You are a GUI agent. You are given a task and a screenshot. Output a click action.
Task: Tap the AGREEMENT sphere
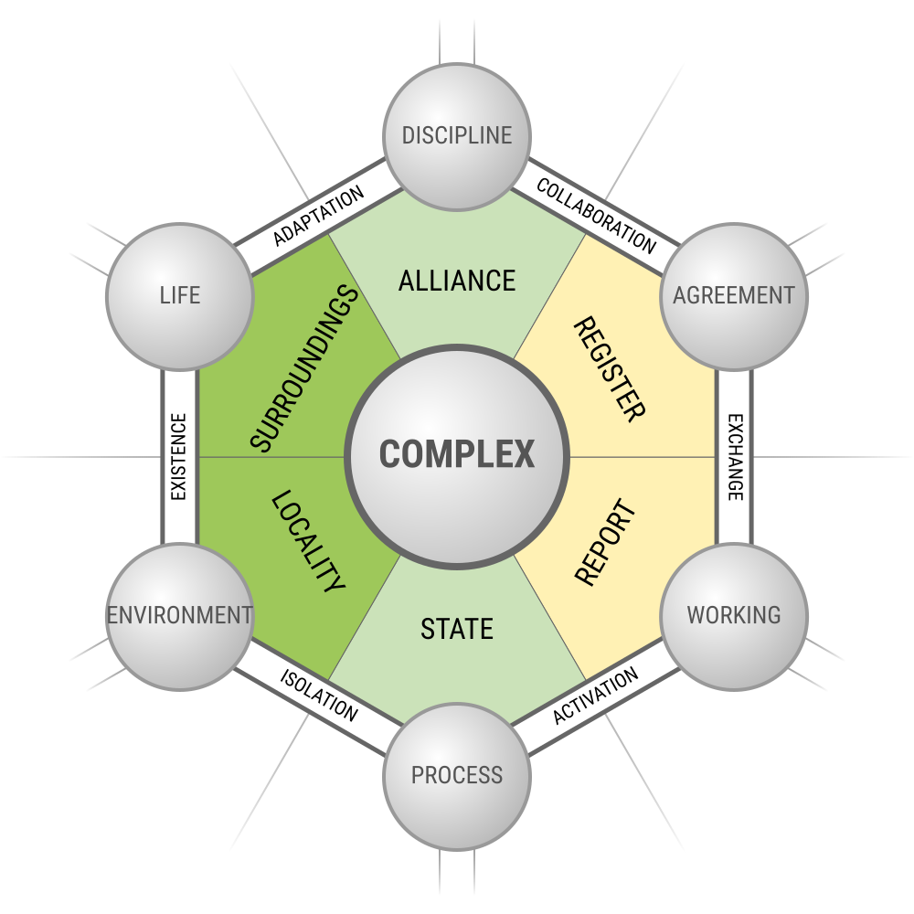[733, 296]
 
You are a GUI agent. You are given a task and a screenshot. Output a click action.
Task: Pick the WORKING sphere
[733, 614]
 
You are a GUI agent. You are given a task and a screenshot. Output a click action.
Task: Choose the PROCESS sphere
[457, 775]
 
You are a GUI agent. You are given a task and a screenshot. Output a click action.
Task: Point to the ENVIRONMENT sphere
[180, 614]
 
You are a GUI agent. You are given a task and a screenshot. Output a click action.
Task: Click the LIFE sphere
[180, 296]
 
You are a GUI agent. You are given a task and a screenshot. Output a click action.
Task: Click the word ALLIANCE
[457, 280]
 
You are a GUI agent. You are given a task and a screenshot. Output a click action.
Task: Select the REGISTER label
[609, 368]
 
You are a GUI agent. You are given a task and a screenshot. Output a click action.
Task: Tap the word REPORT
[604, 542]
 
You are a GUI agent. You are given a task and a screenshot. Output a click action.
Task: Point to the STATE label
[457, 629]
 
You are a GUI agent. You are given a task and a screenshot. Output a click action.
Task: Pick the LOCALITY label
[308, 542]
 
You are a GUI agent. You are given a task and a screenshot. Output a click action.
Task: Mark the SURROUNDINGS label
[303, 368]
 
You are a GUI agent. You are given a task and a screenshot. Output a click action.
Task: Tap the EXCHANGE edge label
[735, 457]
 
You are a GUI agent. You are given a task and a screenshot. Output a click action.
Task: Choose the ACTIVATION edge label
[595, 696]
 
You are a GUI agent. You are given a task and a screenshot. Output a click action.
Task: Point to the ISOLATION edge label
[318, 696]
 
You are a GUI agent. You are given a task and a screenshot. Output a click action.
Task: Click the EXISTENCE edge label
[179, 457]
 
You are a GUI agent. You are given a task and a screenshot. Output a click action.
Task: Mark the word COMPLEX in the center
[457, 454]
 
